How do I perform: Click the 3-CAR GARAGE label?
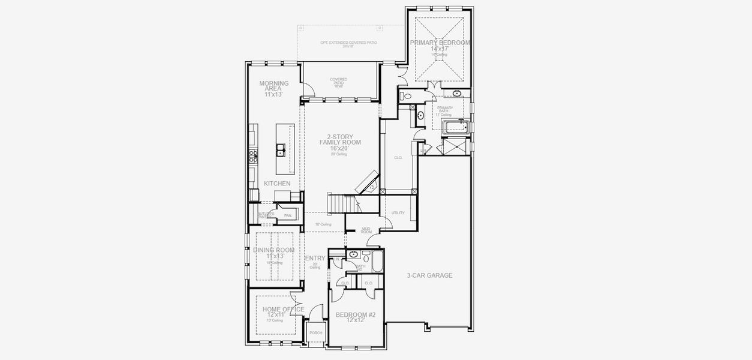[x=429, y=275]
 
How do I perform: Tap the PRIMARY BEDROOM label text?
[x=440, y=43]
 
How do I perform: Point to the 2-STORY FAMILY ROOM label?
[x=340, y=142]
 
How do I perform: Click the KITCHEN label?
[x=277, y=184]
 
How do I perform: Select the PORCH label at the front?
[x=315, y=333]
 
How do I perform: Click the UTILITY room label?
[x=398, y=213]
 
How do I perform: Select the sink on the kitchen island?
[x=280, y=149]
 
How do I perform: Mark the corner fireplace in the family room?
[x=367, y=181]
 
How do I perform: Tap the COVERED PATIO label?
[x=339, y=83]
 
